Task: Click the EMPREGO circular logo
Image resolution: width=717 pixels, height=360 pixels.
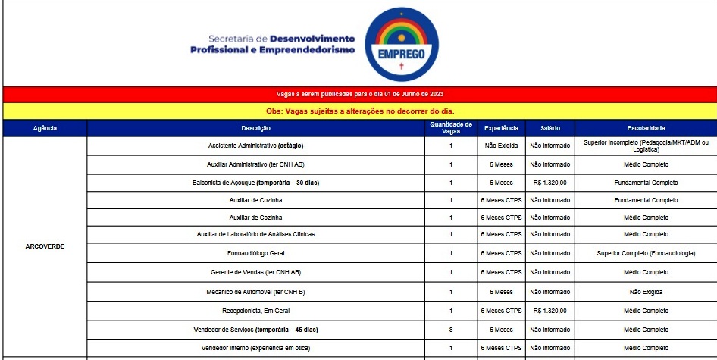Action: (401, 45)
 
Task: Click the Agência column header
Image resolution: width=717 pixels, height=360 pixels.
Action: (45, 128)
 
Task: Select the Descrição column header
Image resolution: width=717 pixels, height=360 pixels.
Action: (255, 128)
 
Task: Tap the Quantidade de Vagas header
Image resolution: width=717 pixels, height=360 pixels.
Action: (450, 128)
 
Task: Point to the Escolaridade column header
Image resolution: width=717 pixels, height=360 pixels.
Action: (646, 128)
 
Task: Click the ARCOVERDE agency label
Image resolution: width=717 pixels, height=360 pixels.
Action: (45, 246)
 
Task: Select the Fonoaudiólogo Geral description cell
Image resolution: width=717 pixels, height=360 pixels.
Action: (255, 253)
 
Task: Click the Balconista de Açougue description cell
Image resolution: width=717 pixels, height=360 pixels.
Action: (255, 183)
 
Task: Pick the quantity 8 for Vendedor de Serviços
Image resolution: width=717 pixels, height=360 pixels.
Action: (450, 330)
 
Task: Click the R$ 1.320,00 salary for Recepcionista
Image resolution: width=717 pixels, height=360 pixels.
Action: (550, 311)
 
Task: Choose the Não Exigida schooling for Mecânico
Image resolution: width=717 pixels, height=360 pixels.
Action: (646, 291)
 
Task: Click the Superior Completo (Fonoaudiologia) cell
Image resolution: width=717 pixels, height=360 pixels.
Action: (646, 253)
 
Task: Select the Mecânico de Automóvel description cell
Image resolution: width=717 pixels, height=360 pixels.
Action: (255, 291)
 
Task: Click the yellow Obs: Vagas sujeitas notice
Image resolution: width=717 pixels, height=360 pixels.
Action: (359, 111)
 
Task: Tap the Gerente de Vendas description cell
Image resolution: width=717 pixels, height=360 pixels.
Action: (255, 272)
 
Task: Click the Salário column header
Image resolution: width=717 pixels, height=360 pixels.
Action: (550, 128)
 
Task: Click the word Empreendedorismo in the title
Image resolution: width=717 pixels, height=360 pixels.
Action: (307, 50)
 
